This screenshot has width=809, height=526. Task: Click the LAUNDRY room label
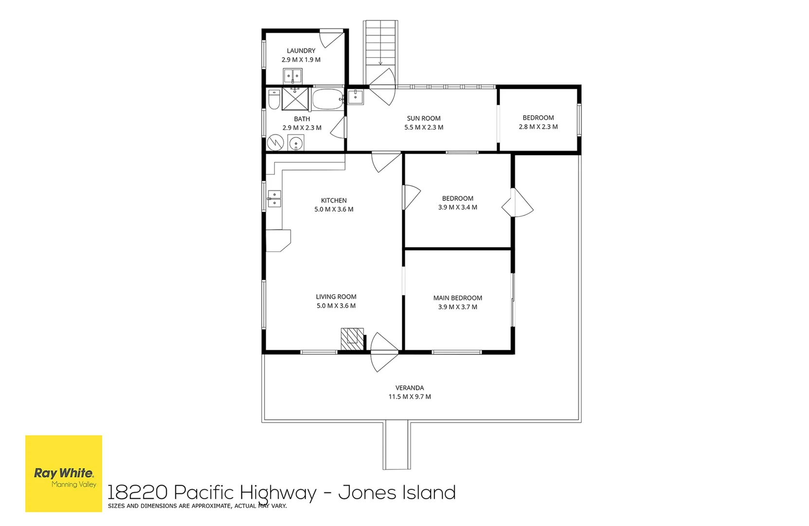(301, 51)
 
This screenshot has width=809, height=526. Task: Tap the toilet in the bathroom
(274, 99)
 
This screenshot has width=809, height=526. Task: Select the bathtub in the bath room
(327, 99)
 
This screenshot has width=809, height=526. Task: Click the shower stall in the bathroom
(295, 99)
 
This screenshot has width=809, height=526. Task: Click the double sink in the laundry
(292, 76)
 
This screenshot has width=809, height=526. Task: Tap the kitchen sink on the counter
(274, 199)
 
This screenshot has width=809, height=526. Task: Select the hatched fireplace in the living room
(352, 339)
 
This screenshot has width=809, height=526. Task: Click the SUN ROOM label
(424, 118)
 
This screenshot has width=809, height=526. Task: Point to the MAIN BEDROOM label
(458, 298)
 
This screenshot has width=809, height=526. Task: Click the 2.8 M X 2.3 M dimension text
(538, 127)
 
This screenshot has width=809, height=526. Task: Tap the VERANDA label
(410, 388)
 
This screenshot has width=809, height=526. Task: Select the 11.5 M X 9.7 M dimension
(410, 396)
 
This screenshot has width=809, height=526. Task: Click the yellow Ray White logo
(64, 473)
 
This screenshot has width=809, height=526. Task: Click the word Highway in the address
(278, 493)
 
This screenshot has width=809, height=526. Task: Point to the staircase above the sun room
(380, 53)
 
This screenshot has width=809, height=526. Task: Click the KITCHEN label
(334, 200)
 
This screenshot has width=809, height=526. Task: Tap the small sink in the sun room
(356, 97)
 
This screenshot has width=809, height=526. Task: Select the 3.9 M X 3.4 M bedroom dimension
(458, 207)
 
